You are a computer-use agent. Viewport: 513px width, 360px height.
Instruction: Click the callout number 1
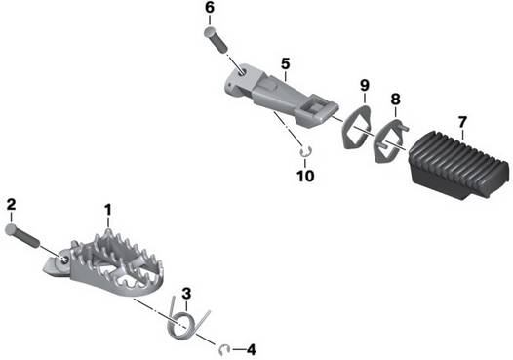click(107, 210)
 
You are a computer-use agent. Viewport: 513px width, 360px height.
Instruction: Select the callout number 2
click(11, 205)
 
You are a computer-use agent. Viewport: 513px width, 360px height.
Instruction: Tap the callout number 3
click(186, 294)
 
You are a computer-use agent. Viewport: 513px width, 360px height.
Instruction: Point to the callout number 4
click(251, 350)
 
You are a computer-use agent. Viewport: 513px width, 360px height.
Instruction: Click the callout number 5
click(286, 63)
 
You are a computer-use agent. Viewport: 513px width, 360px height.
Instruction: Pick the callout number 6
click(210, 8)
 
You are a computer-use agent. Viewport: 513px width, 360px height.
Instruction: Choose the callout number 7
click(462, 122)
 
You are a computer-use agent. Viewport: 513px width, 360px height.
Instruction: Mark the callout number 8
click(396, 99)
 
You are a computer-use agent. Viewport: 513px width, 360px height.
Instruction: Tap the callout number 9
click(365, 85)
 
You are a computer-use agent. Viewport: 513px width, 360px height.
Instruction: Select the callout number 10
click(305, 176)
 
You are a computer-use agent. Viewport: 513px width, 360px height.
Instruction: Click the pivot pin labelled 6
click(216, 41)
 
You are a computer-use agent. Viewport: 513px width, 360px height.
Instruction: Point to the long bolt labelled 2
click(22, 236)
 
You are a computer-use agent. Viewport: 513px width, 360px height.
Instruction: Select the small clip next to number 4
click(223, 350)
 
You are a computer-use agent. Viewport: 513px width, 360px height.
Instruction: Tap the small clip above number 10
click(305, 151)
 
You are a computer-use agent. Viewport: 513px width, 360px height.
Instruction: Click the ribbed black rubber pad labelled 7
click(459, 164)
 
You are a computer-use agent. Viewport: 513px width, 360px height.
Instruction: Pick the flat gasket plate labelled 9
click(357, 126)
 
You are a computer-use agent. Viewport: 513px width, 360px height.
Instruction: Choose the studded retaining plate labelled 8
click(390, 140)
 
